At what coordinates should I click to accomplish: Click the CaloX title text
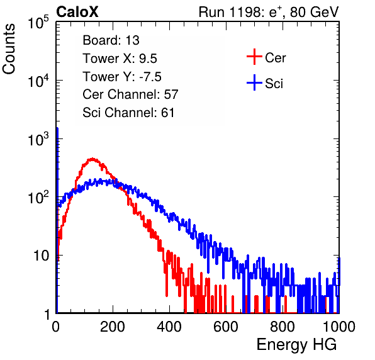click(77, 12)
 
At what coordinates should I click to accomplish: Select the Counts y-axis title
click(9, 49)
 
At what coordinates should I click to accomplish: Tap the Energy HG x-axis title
click(296, 345)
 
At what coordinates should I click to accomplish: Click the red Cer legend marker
click(254, 57)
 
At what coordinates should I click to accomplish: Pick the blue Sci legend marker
click(254, 83)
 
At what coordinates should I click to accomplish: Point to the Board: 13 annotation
click(111, 40)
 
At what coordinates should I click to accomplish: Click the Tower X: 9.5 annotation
click(120, 59)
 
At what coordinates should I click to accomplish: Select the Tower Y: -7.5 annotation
click(122, 77)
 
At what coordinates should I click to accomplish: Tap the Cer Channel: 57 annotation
click(130, 94)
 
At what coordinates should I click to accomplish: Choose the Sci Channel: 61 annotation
click(128, 113)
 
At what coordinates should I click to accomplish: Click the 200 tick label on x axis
click(113, 327)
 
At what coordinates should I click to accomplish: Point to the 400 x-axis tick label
click(169, 327)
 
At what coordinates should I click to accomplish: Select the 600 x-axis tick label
click(226, 327)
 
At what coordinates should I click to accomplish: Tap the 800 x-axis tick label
click(283, 327)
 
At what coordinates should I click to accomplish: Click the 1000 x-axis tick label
click(339, 327)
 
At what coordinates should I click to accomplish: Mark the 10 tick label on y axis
click(41, 256)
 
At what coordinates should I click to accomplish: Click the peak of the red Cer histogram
click(92, 159)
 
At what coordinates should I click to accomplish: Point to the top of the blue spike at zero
click(57, 128)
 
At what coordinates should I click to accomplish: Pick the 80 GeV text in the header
click(315, 13)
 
